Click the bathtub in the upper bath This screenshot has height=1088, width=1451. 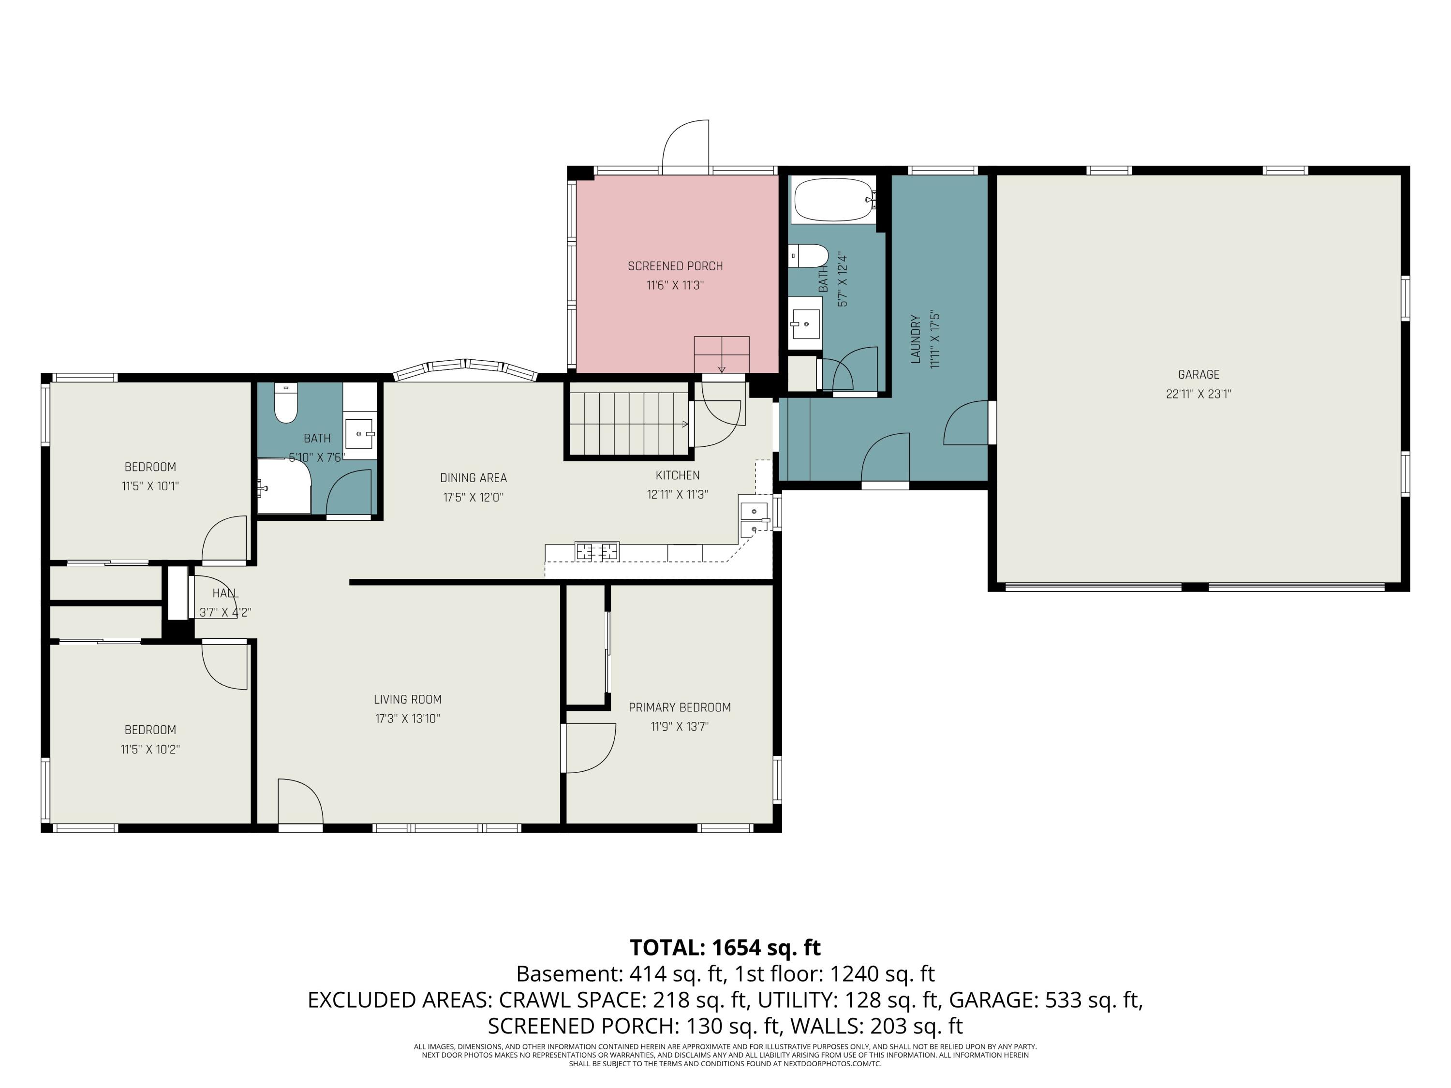click(834, 200)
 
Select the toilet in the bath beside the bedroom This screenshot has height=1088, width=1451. click(286, 403)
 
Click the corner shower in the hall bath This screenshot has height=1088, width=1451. click(284, 486)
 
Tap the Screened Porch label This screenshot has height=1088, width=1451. click(675, 266)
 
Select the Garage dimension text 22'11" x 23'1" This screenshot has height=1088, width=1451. click(1199, 394)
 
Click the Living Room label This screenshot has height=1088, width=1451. click(407, 699)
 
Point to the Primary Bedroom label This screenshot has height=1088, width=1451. click(680, 707)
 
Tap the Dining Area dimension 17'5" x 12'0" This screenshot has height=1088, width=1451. click(473, 497)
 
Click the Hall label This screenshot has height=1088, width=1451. click(225, 593)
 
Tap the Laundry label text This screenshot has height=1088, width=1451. click(916, 339)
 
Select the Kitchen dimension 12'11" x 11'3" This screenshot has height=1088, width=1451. click(678, 495)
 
